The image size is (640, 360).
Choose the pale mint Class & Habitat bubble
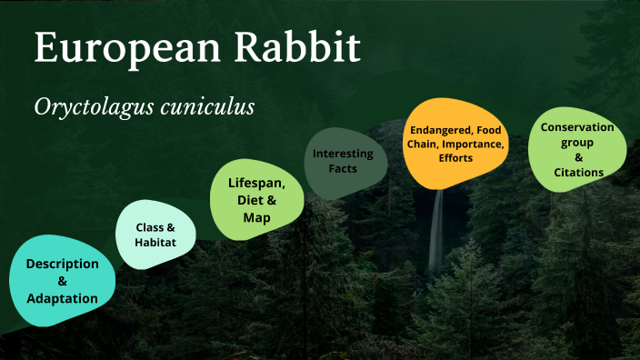click(155, 234)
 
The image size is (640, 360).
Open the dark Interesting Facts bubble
click(343, 161)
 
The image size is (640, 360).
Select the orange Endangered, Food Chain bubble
click(455, 144)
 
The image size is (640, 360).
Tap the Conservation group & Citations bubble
click(577, 149)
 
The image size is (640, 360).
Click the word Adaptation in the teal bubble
click(62, 298)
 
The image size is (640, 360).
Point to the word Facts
click(343, 169)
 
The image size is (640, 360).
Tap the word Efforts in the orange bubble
click(455, 158)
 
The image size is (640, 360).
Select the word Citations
click(578, 172)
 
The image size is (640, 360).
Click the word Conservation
click(577, 127)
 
